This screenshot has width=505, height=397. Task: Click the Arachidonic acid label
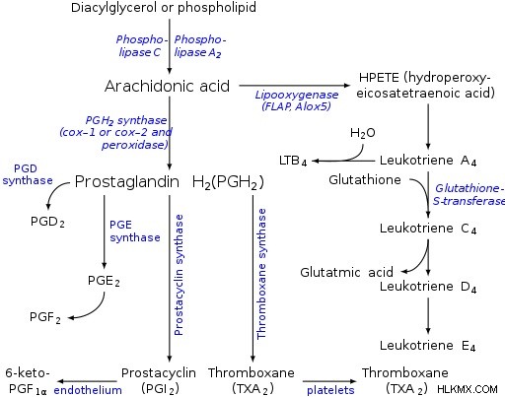tap(167, 86)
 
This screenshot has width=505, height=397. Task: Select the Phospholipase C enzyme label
tap(140, 46)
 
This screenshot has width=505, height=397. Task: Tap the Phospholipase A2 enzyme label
tap(200, 46)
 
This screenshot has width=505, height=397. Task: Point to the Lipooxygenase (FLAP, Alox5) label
tap(297, 100)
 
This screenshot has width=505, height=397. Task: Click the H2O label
tap(363, 133)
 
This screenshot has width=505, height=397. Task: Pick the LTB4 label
tap(293, 161)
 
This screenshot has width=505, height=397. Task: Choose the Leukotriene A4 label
tap(428, 161)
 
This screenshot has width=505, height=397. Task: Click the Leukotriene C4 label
tap(428, 229)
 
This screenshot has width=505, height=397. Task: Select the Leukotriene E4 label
tap(427, 346)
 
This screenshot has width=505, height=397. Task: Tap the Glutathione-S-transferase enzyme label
tap(469, 194)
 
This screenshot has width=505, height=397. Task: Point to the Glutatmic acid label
tap(346, 272)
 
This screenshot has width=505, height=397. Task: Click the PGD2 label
tap(47, 222)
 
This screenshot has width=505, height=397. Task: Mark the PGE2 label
tap(104, 281)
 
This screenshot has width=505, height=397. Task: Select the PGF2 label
tap(45, 317)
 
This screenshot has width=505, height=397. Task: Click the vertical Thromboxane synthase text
tap(261, 274)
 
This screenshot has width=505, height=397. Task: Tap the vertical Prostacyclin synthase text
tap(179, 275)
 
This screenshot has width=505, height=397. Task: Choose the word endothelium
tap(88, 390)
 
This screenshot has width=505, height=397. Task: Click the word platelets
tap(330, 390)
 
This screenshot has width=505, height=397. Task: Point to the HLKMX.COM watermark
tap(468, 389)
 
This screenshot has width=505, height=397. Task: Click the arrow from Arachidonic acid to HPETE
tap(294, 86)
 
